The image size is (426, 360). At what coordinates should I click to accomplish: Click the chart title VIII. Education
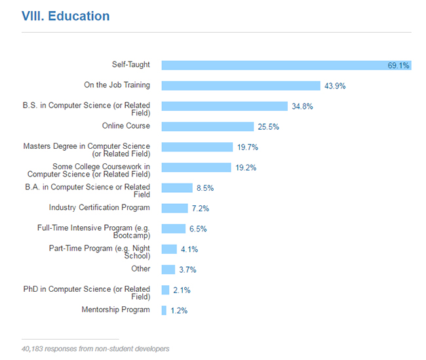click(x=65, y=16)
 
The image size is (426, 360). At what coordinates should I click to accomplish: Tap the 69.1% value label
click(x=398, y=66)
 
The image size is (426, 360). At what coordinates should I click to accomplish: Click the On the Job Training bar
click(x=241, y=85)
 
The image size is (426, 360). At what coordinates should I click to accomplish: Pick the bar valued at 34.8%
click(x=224, y=106)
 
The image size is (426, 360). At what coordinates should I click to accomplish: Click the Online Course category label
click(x=126, y=126)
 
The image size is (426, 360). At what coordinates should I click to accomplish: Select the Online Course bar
click(x=207, y=127)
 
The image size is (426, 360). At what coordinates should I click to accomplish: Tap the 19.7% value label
click(x=248, y=148)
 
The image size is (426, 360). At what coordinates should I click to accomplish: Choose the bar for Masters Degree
click(x=197, y=147)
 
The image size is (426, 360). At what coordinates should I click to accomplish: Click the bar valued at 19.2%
click(x=196, y=167)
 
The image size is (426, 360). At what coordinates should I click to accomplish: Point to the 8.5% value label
click(x=204, y=188)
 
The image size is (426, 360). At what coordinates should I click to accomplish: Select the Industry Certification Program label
click(x=100, y=208)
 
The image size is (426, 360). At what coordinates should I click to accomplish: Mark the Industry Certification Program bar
click(x=174, y=209)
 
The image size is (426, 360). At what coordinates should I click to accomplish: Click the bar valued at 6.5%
click(x=173, y=229)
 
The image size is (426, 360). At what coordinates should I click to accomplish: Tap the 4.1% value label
click(x=189, y=249)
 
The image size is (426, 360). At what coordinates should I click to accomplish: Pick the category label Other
click(x=140, y=269)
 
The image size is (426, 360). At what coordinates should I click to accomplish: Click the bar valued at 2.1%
click(x=165, y=290)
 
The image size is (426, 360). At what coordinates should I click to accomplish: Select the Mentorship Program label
click(x=115, y=310)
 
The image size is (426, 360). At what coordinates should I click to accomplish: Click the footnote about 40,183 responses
click(x=95, y=348)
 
